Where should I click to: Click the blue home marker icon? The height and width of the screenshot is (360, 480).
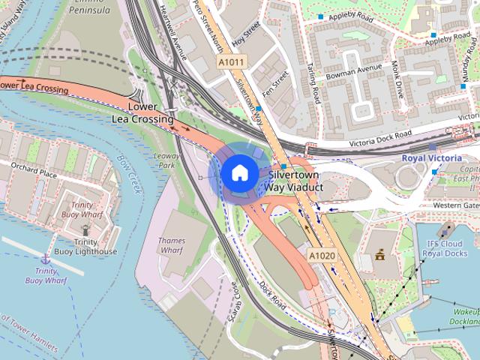238,172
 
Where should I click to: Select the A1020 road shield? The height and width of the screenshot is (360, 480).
321,256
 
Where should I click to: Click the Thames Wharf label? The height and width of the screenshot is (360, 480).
172,246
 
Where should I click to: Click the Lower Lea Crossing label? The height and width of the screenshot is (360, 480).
142,113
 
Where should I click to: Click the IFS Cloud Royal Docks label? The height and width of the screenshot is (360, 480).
445,248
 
